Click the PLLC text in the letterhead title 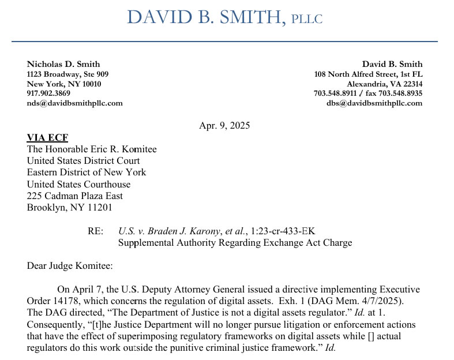pos(307,18)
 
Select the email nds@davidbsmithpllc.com pos(75,103)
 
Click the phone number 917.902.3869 pos(48,93)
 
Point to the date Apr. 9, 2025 pos(224,125)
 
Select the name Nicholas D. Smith pos(63,64)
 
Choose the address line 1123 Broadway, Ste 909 pos(67,74)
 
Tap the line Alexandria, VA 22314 pos(384,84)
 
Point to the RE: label pos(96,231)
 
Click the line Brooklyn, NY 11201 pos(70,208)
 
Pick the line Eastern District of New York pos(87,172)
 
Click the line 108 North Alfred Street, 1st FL pos(368,74)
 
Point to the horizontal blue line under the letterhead pos(224,42)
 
